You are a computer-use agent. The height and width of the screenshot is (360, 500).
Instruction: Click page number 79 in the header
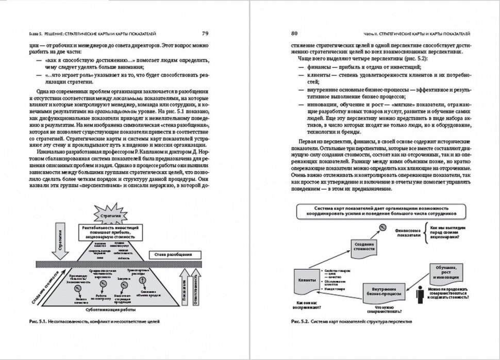205,34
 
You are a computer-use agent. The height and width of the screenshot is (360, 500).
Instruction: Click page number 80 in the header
295,34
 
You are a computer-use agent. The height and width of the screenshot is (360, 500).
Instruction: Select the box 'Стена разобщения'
172,255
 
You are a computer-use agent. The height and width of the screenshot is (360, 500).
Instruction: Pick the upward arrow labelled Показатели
182,292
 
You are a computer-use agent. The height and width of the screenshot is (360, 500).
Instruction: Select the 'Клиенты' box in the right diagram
306,280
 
